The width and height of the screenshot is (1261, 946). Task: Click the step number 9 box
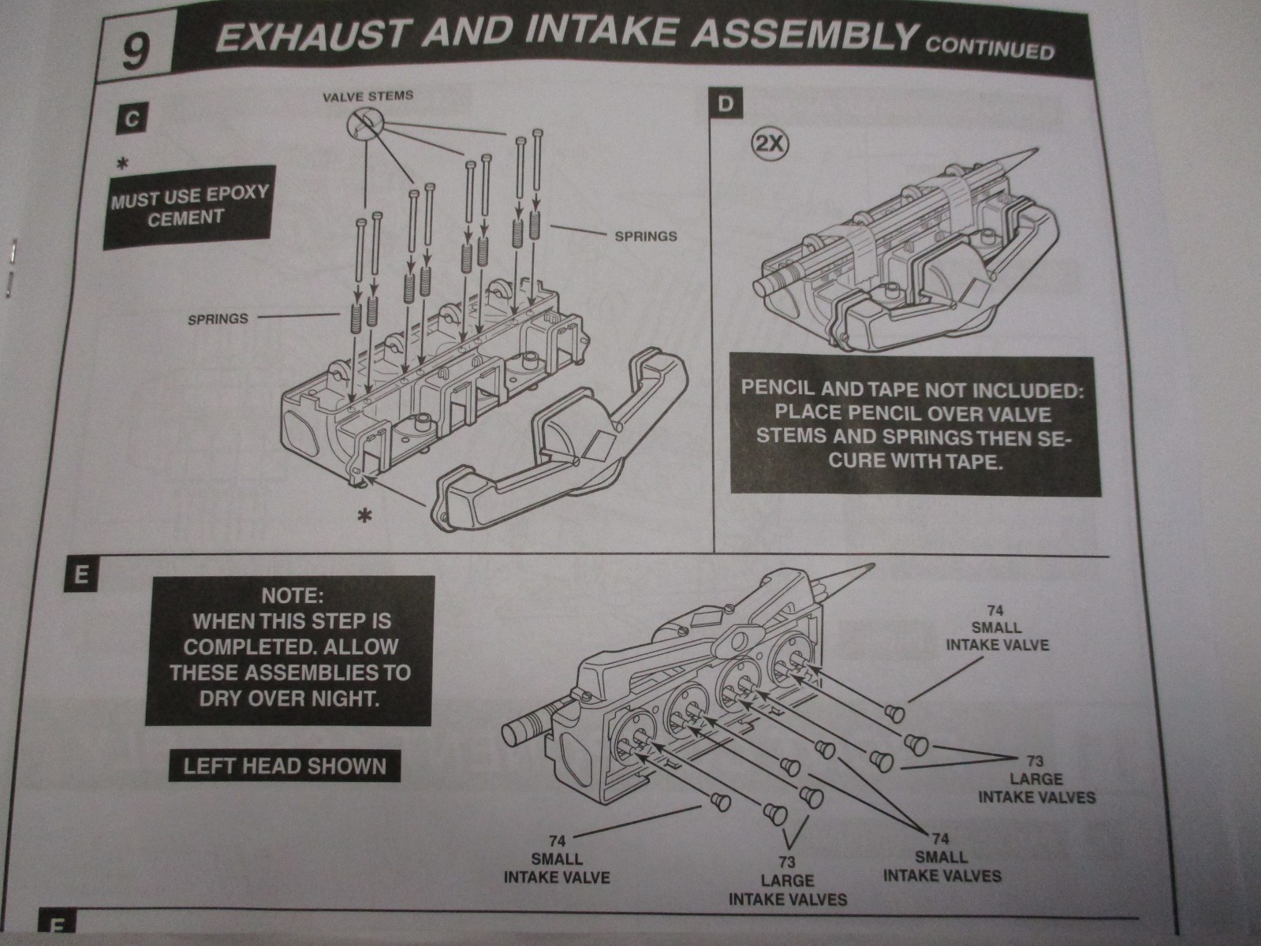(x=136, y=54)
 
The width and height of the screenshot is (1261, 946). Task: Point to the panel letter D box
(x=726, y=104)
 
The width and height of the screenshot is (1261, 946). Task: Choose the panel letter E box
(x=79, y=574)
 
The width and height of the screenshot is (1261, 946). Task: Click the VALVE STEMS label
(x=368, y=96)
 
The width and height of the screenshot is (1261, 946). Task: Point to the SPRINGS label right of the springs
(x=645, y=235)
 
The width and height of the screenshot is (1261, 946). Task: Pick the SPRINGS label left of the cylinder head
(x=218, y=319)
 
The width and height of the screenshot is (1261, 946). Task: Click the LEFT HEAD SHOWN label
(x=285, y=765)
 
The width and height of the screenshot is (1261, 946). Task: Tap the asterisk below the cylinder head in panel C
(x=364, y=516)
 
